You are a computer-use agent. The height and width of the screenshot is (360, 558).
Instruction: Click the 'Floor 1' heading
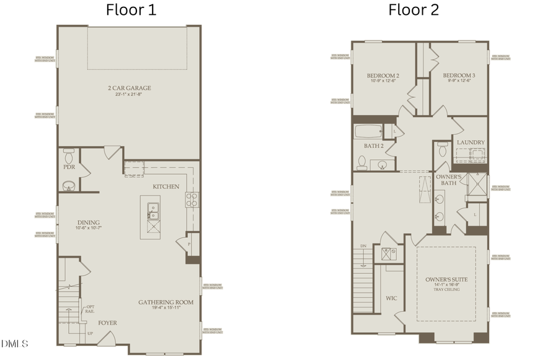[131, 10]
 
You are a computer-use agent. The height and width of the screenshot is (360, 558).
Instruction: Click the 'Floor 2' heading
[414, 10]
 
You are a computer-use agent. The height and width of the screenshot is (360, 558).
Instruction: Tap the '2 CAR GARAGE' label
[129, 88]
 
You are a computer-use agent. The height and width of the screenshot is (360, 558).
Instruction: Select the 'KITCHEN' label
[166, 187]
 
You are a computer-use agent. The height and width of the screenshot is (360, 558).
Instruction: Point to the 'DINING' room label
[89, 222]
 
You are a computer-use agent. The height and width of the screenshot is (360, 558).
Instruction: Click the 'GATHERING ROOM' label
[166, 302]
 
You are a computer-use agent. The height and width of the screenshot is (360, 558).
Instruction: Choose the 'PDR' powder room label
[69, 167]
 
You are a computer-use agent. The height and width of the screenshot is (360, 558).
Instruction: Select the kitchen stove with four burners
[192, 200]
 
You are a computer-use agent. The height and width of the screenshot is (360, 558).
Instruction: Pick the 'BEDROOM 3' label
[458, 76]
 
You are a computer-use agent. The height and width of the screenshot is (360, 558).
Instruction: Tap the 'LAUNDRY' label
[471, 143]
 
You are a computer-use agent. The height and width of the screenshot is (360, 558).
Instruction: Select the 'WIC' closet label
[391, 298]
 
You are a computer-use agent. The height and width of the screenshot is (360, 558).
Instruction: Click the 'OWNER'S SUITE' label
[446, 279]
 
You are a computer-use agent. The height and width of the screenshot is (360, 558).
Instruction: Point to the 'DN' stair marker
[363, 246]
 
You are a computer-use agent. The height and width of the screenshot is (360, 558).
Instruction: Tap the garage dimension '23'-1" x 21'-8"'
[129, 95]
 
